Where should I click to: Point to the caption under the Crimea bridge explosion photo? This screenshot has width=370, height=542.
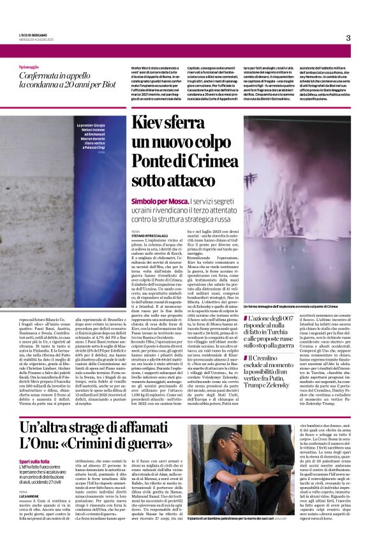(297, 308)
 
